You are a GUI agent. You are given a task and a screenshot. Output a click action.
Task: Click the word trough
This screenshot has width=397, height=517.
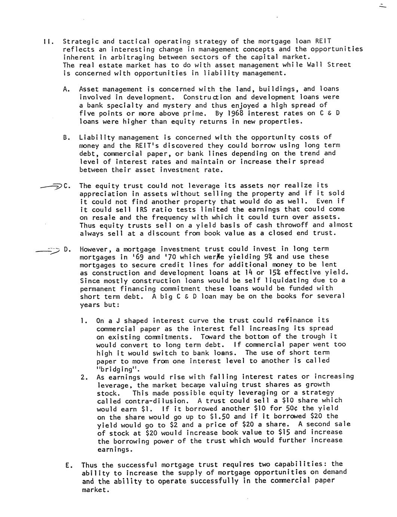[x=317, y=336]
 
